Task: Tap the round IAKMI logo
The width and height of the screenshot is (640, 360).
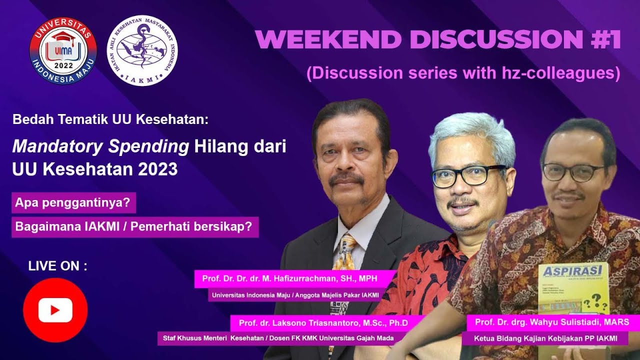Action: pyautogui.click(x=143, y=50)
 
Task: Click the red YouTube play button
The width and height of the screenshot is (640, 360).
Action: pyautogui.click(x=55, y=310)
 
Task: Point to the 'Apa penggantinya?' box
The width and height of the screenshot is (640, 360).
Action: pyautogui.click(x=73, y=203)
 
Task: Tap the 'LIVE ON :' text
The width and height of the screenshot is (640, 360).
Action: pyautogui.click(x=57, y=266)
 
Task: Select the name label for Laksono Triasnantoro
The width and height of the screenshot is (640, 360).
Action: pyautogui.click(x=323, y=323)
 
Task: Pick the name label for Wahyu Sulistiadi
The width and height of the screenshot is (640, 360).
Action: pyautogui.click(x=552, y=321)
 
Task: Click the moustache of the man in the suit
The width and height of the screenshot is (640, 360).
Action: pyautogui.click(x=346, y=178)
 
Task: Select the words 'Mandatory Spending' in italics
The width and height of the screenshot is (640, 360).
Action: pyautogui.click(x=100, y=147)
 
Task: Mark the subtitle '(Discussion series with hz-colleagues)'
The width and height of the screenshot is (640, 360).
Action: pyautogui.click(x=463, y=73)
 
